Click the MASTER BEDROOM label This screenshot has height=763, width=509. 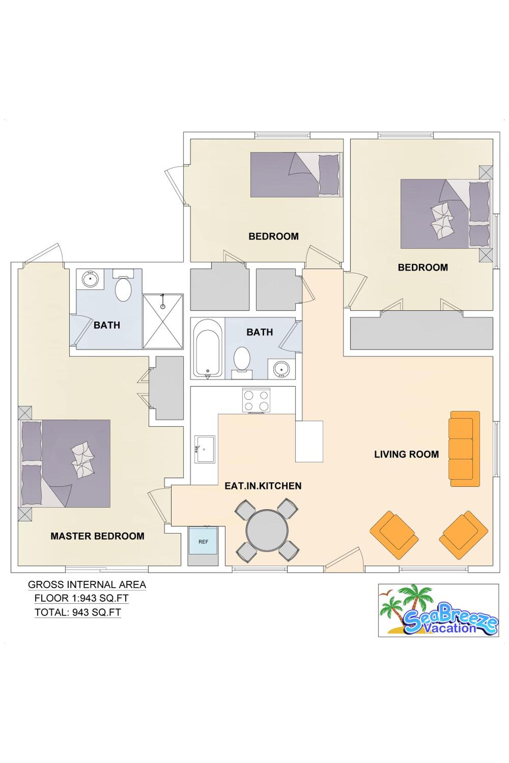tap(97, 536)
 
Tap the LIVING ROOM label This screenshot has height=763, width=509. tap(406, 454)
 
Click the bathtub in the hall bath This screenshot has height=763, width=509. tap(208, 349)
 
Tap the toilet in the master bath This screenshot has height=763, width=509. tap(123, 285)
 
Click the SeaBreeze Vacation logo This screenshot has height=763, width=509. tap(438, 611)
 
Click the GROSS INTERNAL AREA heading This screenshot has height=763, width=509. tap(87, 584)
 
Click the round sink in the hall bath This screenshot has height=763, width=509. tap(281, 369)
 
